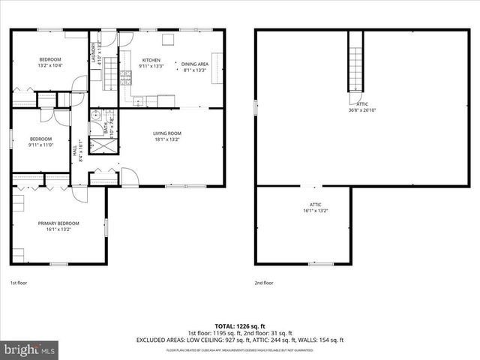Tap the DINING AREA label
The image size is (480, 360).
[195, 64]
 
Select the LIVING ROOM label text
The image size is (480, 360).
[167, 133]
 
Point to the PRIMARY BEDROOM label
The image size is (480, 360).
[58, 223]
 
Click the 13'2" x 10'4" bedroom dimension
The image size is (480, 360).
[50, 66]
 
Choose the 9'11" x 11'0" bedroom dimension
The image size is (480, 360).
[40, 145]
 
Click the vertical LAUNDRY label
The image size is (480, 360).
[94, 51]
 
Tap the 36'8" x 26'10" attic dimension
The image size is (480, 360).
[362, 110]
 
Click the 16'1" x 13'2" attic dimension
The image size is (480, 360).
[316, 211]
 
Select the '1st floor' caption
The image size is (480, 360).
[19, 283]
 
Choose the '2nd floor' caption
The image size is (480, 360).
[263, 283]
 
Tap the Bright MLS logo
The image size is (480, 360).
[30, 349]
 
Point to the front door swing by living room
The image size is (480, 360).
[130, 177]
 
